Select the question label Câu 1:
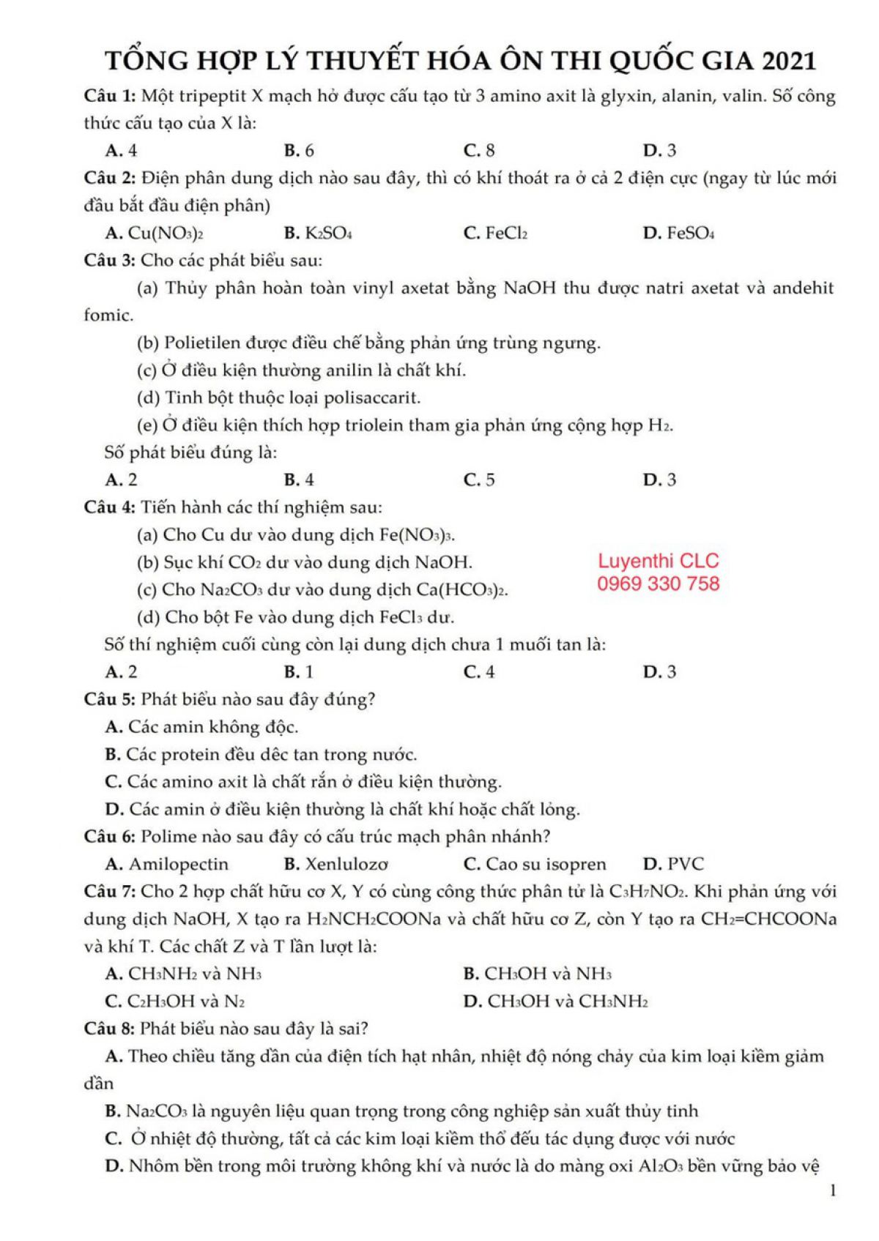click(x=110, y=96)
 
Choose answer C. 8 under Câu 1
click(x=480, y=151)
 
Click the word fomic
click(x=108, y=316)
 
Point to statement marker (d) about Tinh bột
click(x=149, y=398)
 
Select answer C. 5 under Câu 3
click(x=480, y=480)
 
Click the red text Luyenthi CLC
click(x=659, y=562)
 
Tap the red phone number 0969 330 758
click(x=659, y=584)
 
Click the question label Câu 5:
click(x=110, y=699)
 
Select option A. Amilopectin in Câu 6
click(x=167, y=865)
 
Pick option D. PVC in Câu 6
click(x=673, y=865)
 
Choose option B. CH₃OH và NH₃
click(x=538, y=974)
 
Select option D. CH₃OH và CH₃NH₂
click(x=556, y=1002)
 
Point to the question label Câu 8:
click(x=110, y=1029)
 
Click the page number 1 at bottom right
click(x=833, y=1191)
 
